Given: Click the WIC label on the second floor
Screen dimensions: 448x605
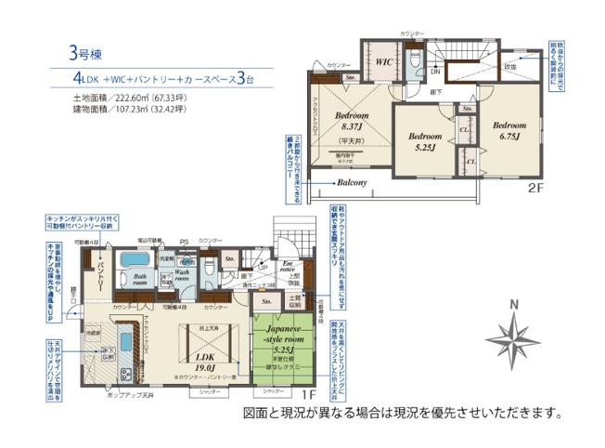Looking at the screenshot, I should [x=386, y=63].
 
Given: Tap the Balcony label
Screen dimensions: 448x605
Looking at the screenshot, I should [x=354, y=182].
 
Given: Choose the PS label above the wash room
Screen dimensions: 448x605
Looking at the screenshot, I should [x=184, y=241].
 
